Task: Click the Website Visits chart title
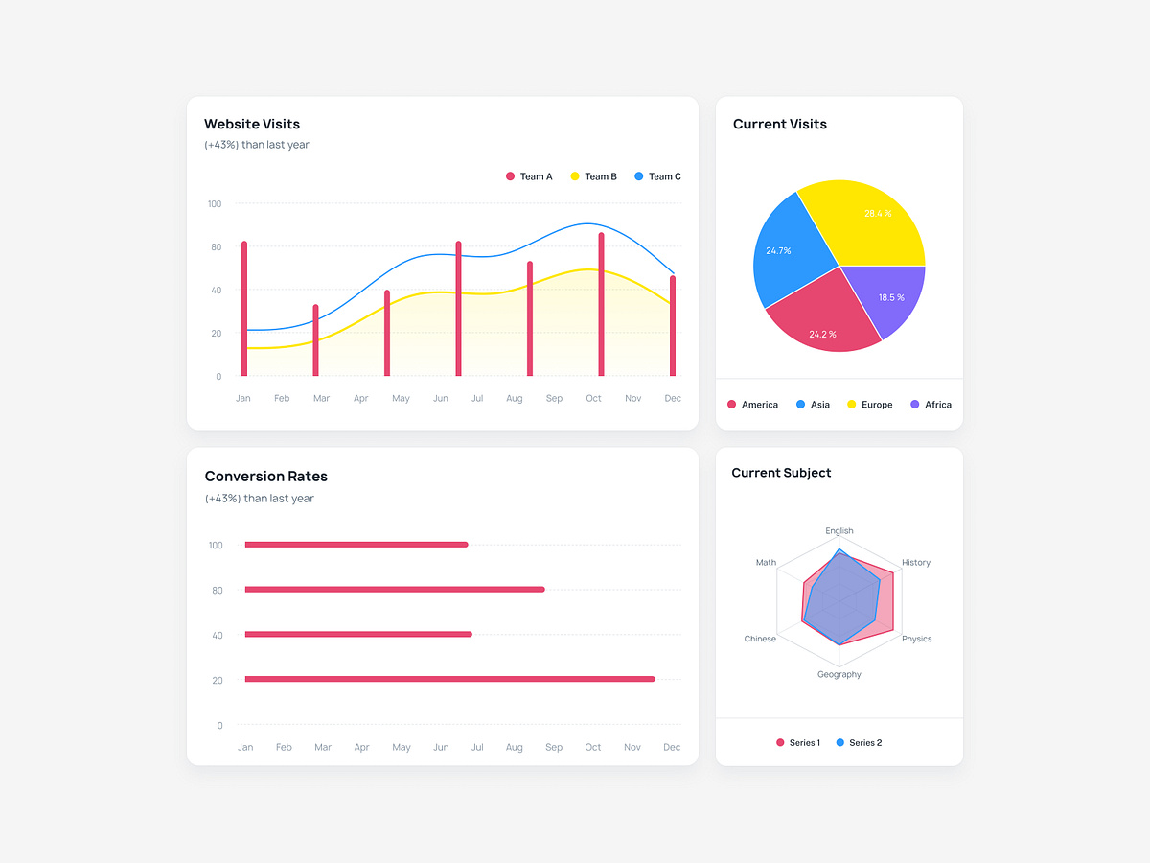click(252, 124)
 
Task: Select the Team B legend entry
click(594, 176)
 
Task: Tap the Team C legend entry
click(658, 176)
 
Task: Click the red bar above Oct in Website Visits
click(601, 304)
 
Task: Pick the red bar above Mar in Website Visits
click(315, 340)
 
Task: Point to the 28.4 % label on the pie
click(878, 214)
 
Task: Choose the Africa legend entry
click(931, 405)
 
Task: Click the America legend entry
click(753, 405)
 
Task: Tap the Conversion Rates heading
click(266, 477)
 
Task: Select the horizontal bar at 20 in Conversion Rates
click(449, 679)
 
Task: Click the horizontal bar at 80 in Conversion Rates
click(395, 589)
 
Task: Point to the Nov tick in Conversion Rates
click(632, 747)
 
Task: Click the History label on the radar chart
click(916, 563)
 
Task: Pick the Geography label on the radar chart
click(839, 674)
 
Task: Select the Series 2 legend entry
click(859, 743)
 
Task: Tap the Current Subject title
click(781, 473)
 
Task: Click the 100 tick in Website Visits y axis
click(214, 204)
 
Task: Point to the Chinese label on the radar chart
click(760, 639)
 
